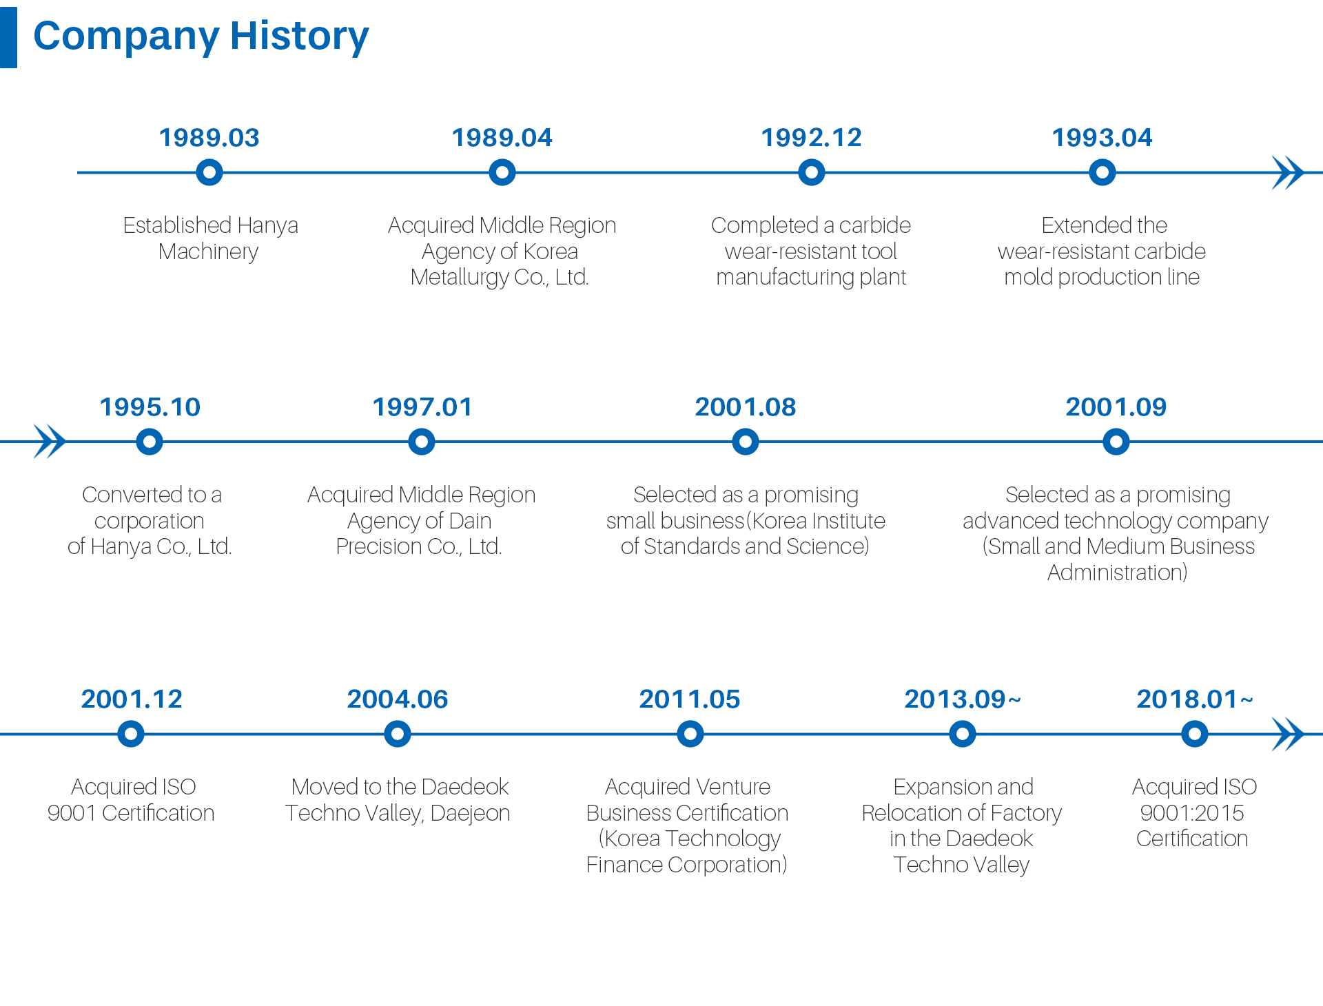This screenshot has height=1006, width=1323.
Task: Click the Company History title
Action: coord(201,36)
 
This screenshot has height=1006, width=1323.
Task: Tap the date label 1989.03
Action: coord(209,138)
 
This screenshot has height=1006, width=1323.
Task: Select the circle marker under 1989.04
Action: coord(502,172)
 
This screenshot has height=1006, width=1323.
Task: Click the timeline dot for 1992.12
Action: coord(812,172)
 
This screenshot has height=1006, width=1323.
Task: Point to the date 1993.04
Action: coord(1102,138)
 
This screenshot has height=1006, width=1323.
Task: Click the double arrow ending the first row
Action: coord(1288,172)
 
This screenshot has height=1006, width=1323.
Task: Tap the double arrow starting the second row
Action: coord(50,442)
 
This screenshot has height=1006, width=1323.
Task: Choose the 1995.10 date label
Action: coord(150,407)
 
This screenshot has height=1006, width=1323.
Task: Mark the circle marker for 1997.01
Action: coord(422,442)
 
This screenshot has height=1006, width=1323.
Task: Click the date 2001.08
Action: coord(746,407)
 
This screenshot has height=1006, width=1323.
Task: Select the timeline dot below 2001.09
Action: coord(1116,442)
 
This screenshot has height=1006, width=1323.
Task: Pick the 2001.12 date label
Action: coord(132,699)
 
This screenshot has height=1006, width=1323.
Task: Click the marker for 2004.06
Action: coord(398,734)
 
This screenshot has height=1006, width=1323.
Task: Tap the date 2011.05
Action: coord(690,699)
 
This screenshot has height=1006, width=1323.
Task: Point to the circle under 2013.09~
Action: coord(963,734)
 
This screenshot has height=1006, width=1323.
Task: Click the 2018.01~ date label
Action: coord(1195,699)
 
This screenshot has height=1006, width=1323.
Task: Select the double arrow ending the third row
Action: coord(1288,734)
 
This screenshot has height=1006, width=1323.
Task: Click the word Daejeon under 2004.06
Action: coord(470,814)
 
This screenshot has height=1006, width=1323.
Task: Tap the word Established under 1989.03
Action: coord(177,225)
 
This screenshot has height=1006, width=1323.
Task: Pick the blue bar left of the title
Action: coord(8,38)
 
